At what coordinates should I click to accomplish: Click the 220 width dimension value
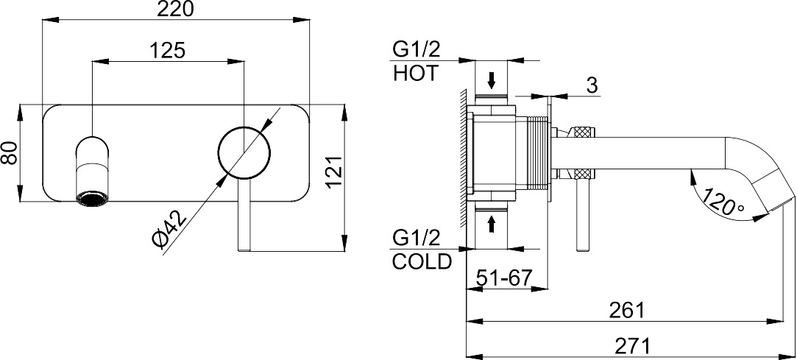click(175, 9)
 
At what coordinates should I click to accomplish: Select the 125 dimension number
click(168, 50)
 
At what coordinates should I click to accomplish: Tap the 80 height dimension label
click(10, 152)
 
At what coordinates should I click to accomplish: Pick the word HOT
click(415, 74)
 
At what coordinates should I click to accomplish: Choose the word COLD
click(422, 261)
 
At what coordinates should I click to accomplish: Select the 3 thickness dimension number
click(592, 86)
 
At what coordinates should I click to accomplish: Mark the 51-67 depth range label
click(503, 278)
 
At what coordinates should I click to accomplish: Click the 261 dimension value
click(626, 310)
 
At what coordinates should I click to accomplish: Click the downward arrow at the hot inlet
click(492, 80)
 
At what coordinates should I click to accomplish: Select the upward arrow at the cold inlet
click(492, 224)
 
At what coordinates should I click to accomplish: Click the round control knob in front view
click(244, 152)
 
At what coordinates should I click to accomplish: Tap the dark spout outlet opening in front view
click(93, 198)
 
